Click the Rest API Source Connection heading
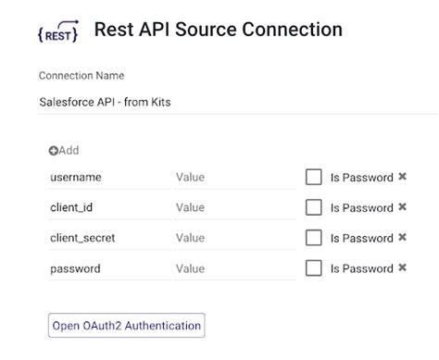point(218,30)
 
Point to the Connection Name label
point(82,76)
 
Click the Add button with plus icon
point(64,150)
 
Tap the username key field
point(108,177)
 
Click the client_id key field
point(108,207)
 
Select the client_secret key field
point(108,238)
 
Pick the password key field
point(108,268)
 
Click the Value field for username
point(233,177)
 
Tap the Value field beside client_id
point(233,207)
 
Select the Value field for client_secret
point(233,238)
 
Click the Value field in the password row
point(233,268)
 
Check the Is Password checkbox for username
point(314,177)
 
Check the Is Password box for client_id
point(314,207)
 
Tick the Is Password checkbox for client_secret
point(314,238)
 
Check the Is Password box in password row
point(314,268)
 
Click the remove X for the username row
point(403,177)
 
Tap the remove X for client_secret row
point(403,237)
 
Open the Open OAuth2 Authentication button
point(126,326)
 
